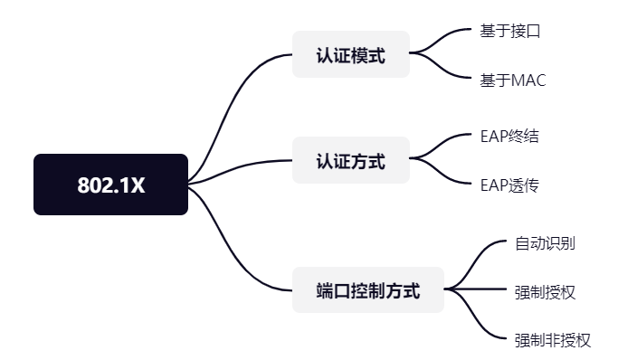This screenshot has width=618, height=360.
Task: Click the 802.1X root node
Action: tap(110, 185)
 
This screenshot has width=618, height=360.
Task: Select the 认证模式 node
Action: tap(350, 55)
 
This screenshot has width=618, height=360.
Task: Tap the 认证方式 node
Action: tap(350, 161)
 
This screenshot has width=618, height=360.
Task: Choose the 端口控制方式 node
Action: tap(367, 290)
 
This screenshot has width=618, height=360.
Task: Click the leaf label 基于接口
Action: tap(510, 32)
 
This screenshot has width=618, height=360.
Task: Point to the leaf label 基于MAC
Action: tap(513, 81)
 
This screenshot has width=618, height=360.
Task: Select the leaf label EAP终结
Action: tap(509, 137)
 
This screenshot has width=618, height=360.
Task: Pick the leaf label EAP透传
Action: tap(509, 186)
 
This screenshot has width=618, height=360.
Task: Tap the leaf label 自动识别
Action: tap(545, 242)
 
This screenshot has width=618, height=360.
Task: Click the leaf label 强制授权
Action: tap(545, 291)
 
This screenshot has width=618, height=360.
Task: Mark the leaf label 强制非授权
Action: tap(552, 340)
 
